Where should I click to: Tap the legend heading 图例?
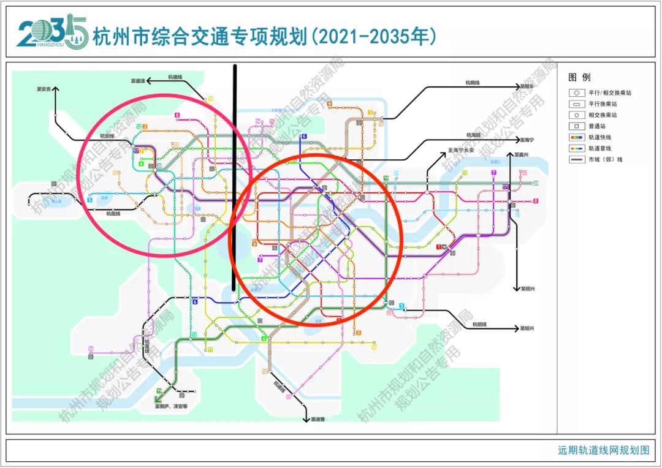coord(579,78)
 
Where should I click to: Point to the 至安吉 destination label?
coord(45,89)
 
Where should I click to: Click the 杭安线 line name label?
coord(105,136)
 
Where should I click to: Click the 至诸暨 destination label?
coord(318,420)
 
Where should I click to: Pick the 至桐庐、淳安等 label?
coord(172,406)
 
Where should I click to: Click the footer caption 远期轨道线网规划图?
coord(603,450)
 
